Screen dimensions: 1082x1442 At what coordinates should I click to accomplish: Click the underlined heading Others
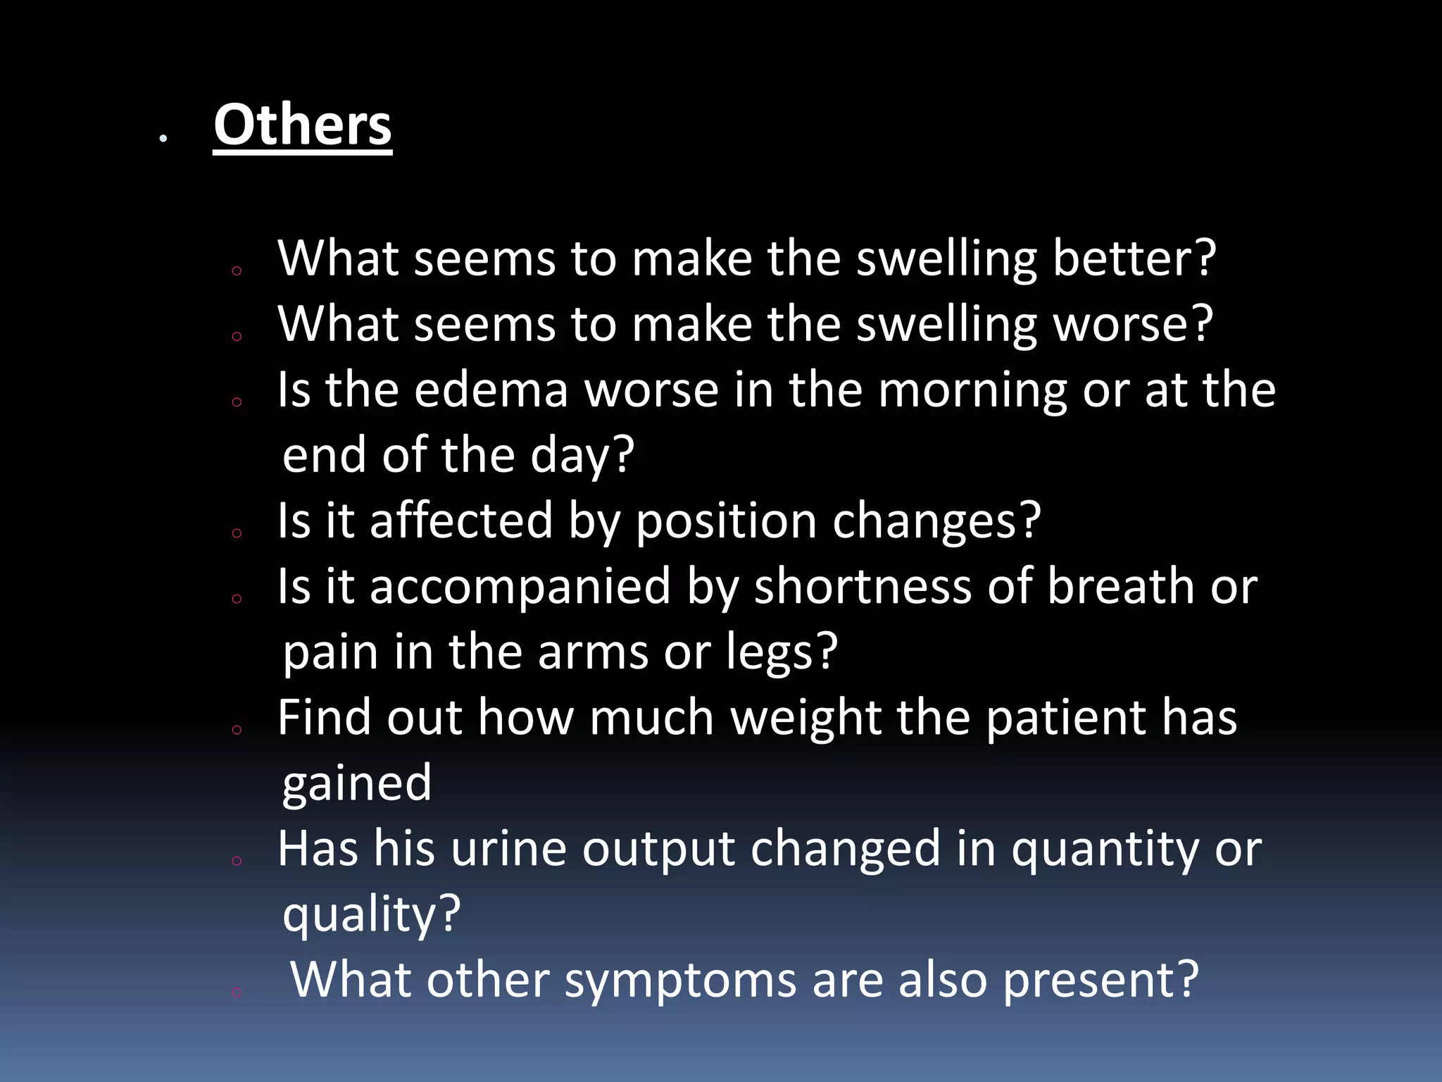pos(303,125)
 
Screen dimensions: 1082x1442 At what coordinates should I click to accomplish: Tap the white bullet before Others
pos(163,139)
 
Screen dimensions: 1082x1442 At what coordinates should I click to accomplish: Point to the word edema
pos(491,390)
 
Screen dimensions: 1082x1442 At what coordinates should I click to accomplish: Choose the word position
pos(726,521)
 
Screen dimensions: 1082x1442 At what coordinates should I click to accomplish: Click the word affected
pos(461,521)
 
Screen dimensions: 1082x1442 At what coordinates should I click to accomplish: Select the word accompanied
pos(520,587)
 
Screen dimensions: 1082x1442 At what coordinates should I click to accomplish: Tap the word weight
pos(805,718)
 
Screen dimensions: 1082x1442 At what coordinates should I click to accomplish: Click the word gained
pos(356,783)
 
